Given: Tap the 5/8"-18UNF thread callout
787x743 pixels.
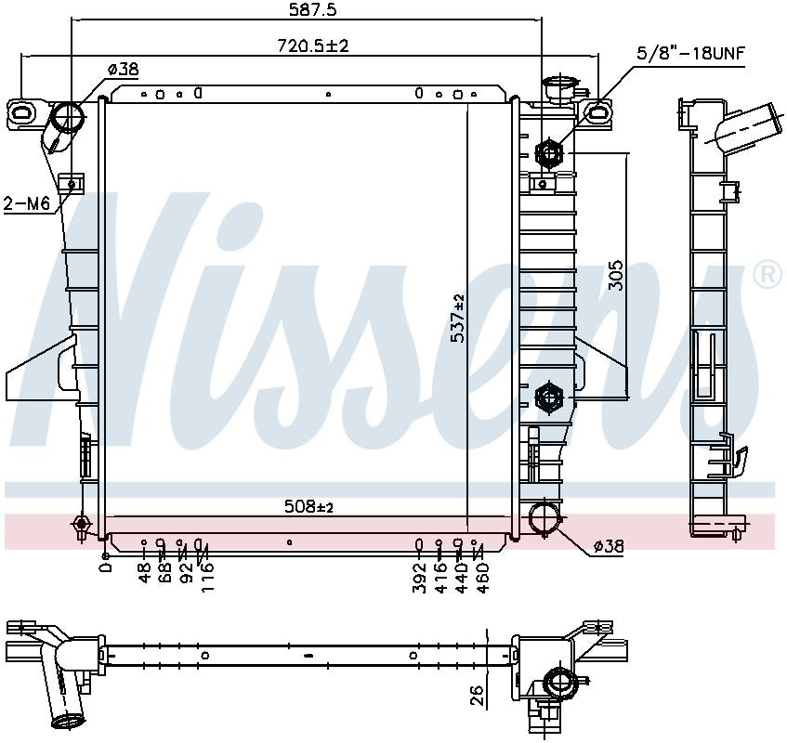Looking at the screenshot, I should click(x=690, y=53).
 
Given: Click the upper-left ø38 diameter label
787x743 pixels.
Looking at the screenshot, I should click(x=123, y=69).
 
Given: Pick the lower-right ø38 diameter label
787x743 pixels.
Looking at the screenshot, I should click(x=609, y=547).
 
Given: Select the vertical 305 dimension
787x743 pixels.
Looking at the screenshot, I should click(x=615, y=276).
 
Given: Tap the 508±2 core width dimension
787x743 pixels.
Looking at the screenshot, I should click(x=308, y=507).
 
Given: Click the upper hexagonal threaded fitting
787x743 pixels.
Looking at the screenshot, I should click(x=547, y=153).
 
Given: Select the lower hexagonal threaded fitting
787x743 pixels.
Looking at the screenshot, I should click(x=548, y=398).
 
